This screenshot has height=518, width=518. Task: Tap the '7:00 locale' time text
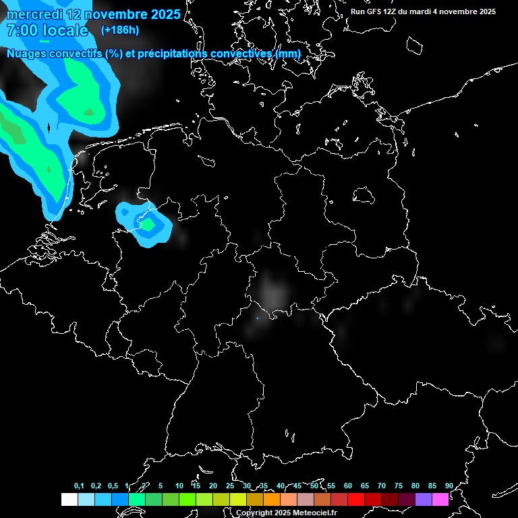(47, 30)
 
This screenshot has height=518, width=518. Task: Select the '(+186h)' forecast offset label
(121, 30)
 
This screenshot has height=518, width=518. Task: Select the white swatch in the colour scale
(69, 499)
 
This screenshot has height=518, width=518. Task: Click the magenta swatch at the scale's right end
(440, 499)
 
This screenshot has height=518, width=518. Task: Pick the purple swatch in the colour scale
(424, 499)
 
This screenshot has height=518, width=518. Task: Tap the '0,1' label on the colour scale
(79, 486)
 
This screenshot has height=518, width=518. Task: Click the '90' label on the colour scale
(449, 486)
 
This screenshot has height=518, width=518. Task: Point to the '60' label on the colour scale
(347, 486)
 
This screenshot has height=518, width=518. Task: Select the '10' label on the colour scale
(179, 486)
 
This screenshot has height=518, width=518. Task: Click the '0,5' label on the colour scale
(112, 486)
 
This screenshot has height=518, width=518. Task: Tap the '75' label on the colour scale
(398, 486)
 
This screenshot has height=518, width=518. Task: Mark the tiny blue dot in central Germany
(257, 318)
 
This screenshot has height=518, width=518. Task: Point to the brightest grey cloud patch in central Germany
(274, 290)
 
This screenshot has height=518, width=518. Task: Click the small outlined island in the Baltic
(365, 195)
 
